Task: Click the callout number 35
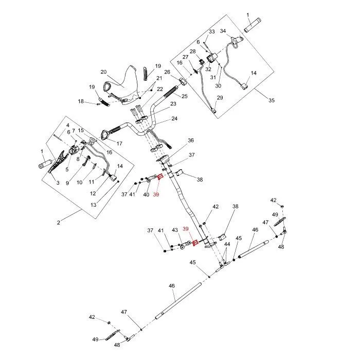(272, 100)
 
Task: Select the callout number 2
(59, 223)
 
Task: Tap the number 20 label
(103, 72)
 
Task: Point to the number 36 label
(191, 140)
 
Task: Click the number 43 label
(175, 230)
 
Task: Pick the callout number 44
(227, 244)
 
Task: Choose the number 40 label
(146, 195)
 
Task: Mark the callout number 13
(94, 205)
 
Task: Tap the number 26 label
(167, 72)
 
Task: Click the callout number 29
(220, 98)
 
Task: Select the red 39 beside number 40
(156, 195)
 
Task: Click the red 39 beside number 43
(186, 229)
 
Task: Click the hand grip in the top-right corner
(253, 25)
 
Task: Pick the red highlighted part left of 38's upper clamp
(160, 177)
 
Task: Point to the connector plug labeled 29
(214, 111)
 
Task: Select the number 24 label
(174, 118)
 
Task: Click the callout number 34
(223, 31)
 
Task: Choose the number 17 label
(119, 143)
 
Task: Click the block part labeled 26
(183, 81)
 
